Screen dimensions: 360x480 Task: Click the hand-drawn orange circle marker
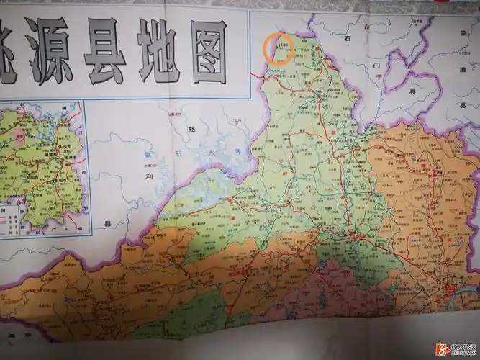pyautogui.click(x=279, y=48)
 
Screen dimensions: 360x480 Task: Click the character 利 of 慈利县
pyautogui.click(x=147, y=175)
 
